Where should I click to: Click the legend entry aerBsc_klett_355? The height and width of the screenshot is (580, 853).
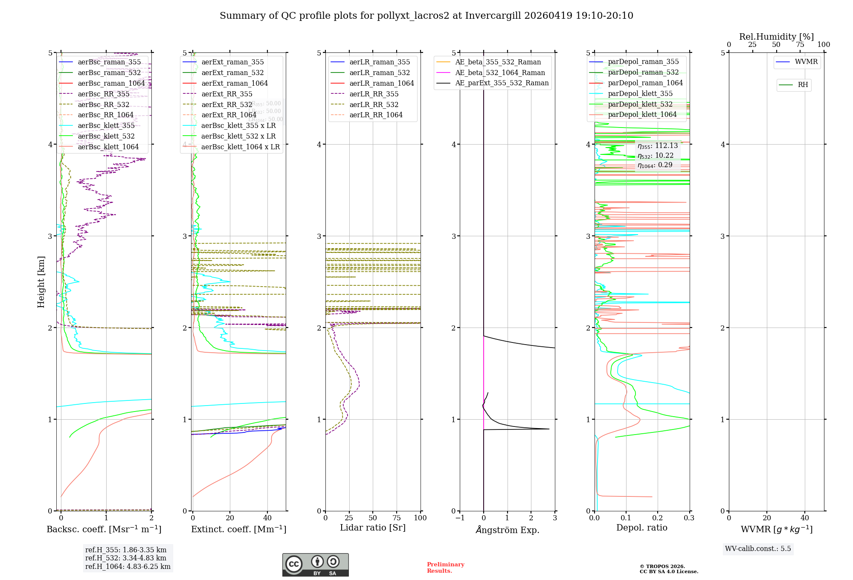106,125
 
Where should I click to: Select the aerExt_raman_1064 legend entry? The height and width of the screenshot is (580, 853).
235,83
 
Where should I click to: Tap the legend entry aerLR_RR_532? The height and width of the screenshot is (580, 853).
374,104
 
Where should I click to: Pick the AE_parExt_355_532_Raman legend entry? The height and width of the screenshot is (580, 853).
502,83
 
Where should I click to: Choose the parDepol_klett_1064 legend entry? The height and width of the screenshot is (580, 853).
642,114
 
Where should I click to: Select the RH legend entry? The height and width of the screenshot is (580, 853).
803,85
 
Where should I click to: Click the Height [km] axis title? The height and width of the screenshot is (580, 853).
41,281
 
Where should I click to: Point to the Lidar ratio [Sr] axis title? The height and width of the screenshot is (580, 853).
372,528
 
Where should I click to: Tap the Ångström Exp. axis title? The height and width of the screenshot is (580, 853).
507,530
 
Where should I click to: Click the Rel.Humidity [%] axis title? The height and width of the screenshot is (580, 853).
776,37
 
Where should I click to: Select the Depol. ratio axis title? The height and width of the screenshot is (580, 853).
641,528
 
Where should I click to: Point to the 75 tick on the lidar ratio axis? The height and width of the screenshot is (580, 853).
397,518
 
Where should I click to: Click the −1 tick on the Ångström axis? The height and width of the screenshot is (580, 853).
459,518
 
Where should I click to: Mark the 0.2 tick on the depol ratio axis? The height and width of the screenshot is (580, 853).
658,518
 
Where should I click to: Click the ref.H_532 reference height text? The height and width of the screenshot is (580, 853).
125,558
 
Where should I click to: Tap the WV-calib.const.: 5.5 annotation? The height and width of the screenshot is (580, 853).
757,548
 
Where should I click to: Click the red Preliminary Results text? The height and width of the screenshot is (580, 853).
445,567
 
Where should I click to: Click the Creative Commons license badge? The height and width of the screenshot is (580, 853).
315,565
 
